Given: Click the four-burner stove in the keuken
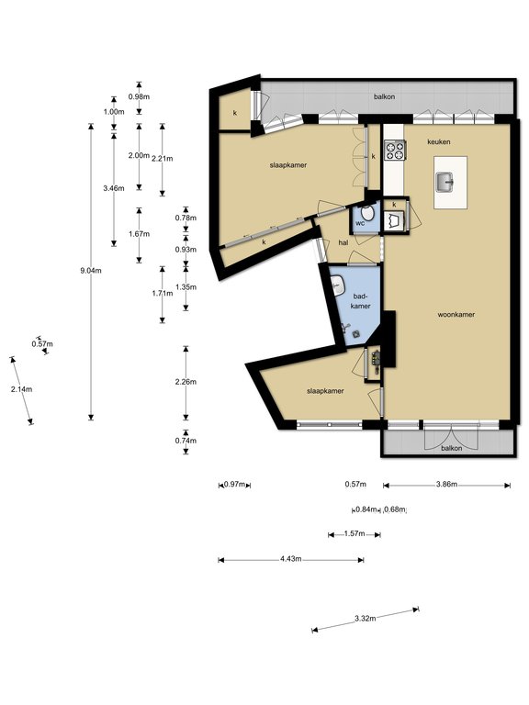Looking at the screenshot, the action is click(x=395, y=151).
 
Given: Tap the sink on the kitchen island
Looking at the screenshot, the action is click(x=445, y=182).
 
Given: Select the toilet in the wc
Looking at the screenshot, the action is click(x=368, y=213).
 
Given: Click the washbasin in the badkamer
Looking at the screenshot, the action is click(x=337, y=285).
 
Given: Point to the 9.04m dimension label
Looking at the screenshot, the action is click(x=91, y=271).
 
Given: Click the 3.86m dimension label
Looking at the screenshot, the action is click(x=446, y=485).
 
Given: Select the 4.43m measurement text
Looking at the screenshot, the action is click(x=290, y=559).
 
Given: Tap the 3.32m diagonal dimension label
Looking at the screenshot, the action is click(x=365, y=618).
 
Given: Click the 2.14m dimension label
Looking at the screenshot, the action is click(x=22, y=389).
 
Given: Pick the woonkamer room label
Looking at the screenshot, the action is click(x=456, y=315).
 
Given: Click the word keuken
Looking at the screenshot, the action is click(x=439, y=141).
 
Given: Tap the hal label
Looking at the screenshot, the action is click(x=343, y=242).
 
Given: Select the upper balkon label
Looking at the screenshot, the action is click(x=385, y=96).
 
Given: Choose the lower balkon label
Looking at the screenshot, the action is click(x=451, y=448).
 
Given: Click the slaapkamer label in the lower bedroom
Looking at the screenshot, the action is click(x=325, y=391).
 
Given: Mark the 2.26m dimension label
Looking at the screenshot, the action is click(x=186, y=382).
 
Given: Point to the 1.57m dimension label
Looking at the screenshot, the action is click(x=355, y=533).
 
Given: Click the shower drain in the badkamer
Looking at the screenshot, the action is click(x=356, y=334).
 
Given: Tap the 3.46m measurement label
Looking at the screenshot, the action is click(x=113, y=188).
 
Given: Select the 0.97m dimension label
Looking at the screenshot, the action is click(x=235, y=485).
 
